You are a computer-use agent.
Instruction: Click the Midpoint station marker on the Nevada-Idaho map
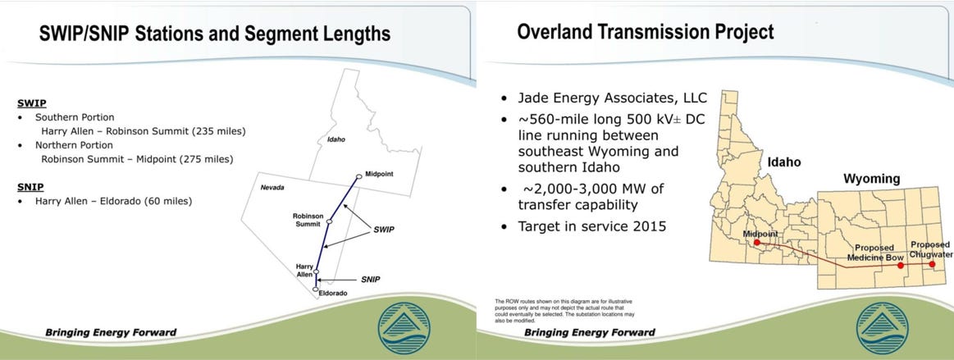(358, 176)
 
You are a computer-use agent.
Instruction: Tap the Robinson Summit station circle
(329, 221)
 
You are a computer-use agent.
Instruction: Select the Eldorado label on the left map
(332, 293)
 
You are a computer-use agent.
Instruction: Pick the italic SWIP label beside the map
(381, 230)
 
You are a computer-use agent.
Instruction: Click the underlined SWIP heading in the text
(30, 104)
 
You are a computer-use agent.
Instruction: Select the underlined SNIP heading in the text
(30, 187)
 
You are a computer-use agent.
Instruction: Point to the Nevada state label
(272, 188)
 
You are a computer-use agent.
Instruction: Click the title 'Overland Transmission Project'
(645, 33)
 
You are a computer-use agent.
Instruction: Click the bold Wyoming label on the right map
(871, 178)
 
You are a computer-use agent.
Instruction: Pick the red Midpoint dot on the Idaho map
(757, 243)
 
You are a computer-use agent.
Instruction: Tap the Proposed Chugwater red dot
(931, 265)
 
